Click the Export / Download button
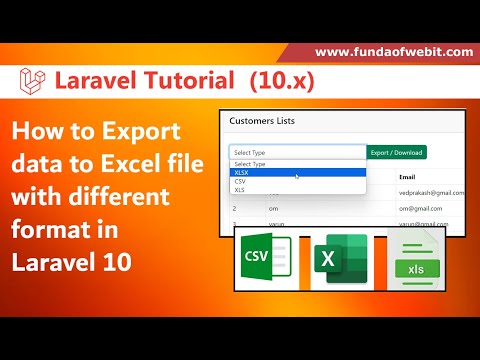(397, 152)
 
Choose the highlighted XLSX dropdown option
(241, 172)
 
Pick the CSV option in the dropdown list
(240, 181)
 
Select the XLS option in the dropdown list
(239, 189)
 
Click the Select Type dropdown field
(297, 152)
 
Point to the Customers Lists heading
(263, 122)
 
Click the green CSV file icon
(262, 264)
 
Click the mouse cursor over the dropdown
(297, 176)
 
